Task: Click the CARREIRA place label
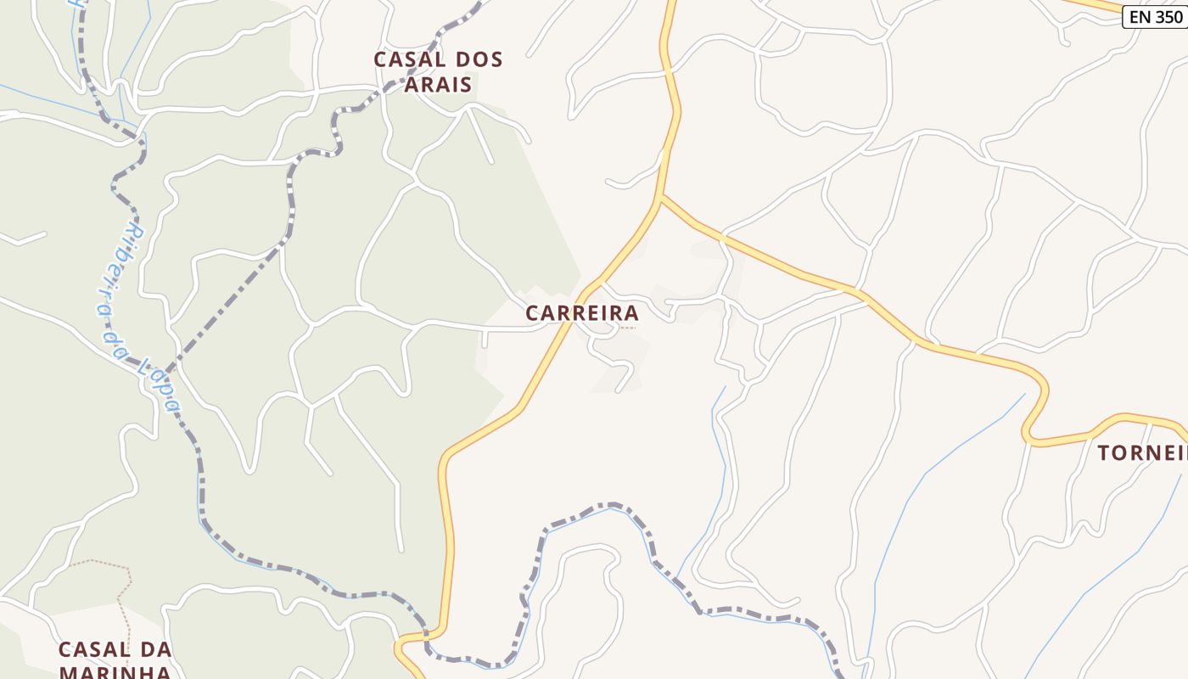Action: tap(581, 313)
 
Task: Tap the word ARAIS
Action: tap(437, 84)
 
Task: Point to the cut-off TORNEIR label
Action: tap(1141, 453)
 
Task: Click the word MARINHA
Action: tap(114, 672)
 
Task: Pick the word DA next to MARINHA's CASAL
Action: tap(154, 650)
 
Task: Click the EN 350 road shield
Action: tap(1155, 16)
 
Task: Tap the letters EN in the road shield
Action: tap(1139, 16)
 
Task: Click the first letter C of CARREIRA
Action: tap(533, 313)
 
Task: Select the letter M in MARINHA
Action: tap(68, 672)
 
